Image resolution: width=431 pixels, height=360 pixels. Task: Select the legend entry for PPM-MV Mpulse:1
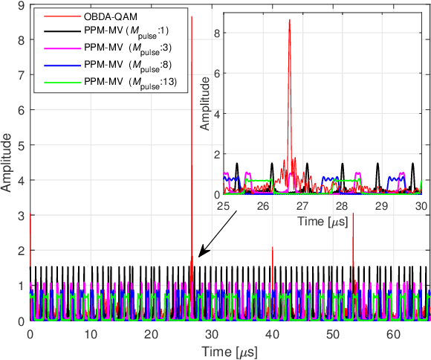point(120,32)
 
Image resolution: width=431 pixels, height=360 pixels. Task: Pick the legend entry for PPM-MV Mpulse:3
point(120,48)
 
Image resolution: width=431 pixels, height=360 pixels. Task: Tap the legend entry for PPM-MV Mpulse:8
point(120,65)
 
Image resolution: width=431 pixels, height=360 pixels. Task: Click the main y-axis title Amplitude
point(7,163)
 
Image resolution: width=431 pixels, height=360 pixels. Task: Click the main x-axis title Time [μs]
point(228,350)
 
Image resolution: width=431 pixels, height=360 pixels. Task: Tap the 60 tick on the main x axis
point(395,335)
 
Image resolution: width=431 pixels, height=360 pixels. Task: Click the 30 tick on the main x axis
point(212,335)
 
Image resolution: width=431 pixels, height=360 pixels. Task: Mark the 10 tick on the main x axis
point(91,335)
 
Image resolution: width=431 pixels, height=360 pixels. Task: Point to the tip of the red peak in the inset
point(289,21)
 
